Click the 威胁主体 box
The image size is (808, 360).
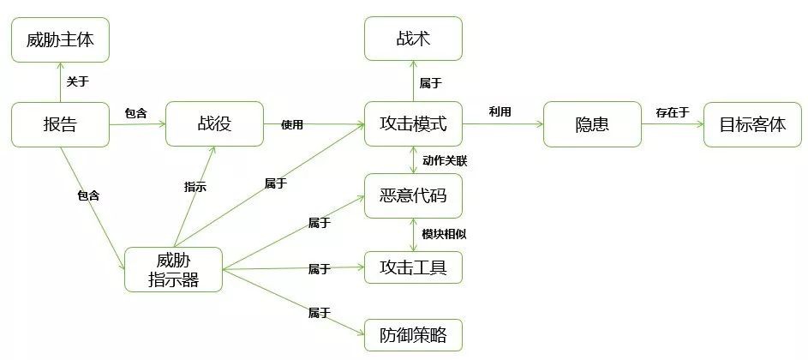pyautogui.click(x=60, y=39)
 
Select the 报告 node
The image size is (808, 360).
pyautogui.click(x=60, y=124)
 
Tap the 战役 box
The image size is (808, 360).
pyautogui.click(x=214, y=124)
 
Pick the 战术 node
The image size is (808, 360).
pyautogui.click(x=413, y=39)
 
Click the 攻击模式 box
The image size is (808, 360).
pyautogui.click(x=413, y=124)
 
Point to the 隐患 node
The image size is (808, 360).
pyautogui.click(x=592, y=124)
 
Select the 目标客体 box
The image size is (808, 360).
pyautogui.click(x=752, y=124)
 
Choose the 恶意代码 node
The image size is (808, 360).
pyautogui.click(x=413, y=195)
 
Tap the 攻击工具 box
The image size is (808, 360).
pyautogui.click(x=413, y=267)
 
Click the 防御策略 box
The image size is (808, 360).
pyautogui.click(x=413, y=335)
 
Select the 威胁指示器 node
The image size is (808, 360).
pyautogui.click(x=173, y=269)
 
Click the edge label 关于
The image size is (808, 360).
pyautogui.click(x=77, y=81)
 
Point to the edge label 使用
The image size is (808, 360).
pyautogui.click(x=292, y=124)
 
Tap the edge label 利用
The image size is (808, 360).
pyautogui.click(x=500, y=112)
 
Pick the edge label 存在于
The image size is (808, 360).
pyautogui.click(x=672, y=112)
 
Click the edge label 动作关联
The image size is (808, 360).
pyautogui.click(x=444, y=160)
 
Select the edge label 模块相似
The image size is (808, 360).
pyautogui.click(x=444, y=233)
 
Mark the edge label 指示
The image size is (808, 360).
pyautogui.click(x=195, y=186)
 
